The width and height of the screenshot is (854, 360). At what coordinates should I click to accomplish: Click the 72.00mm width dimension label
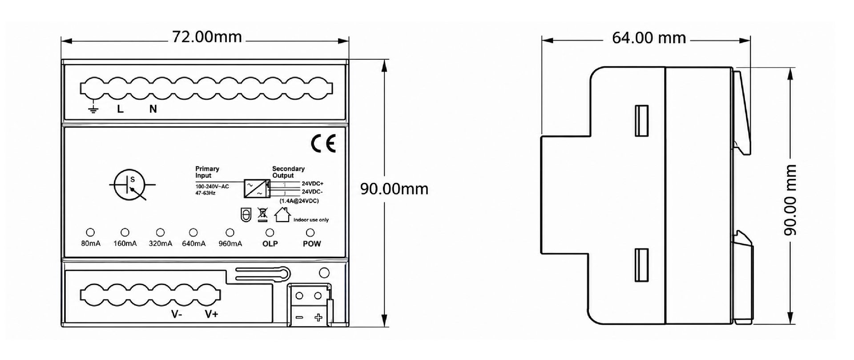pyautogui.click(x=207, y=37)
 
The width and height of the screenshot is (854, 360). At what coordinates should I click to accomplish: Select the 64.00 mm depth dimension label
pyautogui.click(x=649, y=38)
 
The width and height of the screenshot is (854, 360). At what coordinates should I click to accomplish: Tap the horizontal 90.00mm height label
pyautogui.click(x=394, y=189)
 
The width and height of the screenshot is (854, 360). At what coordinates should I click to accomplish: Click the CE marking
pyautogui.click(x=323, y=143)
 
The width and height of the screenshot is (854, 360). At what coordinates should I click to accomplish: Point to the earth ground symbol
pyautogui.click(x=93, y=108)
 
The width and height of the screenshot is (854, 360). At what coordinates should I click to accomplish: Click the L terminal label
pyautogui.click(x=120, y=109)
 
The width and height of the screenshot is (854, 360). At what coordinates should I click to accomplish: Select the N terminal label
pyautogui.click(x=153, y=109)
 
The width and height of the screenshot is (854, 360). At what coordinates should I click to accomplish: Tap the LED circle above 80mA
pyautogui.click(x=90, y=232)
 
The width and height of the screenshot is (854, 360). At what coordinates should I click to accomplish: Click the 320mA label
pyautogui.click(x=160, y=243)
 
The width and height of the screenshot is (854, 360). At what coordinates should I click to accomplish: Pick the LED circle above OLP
pyautogui.click(x=270, y=232)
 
